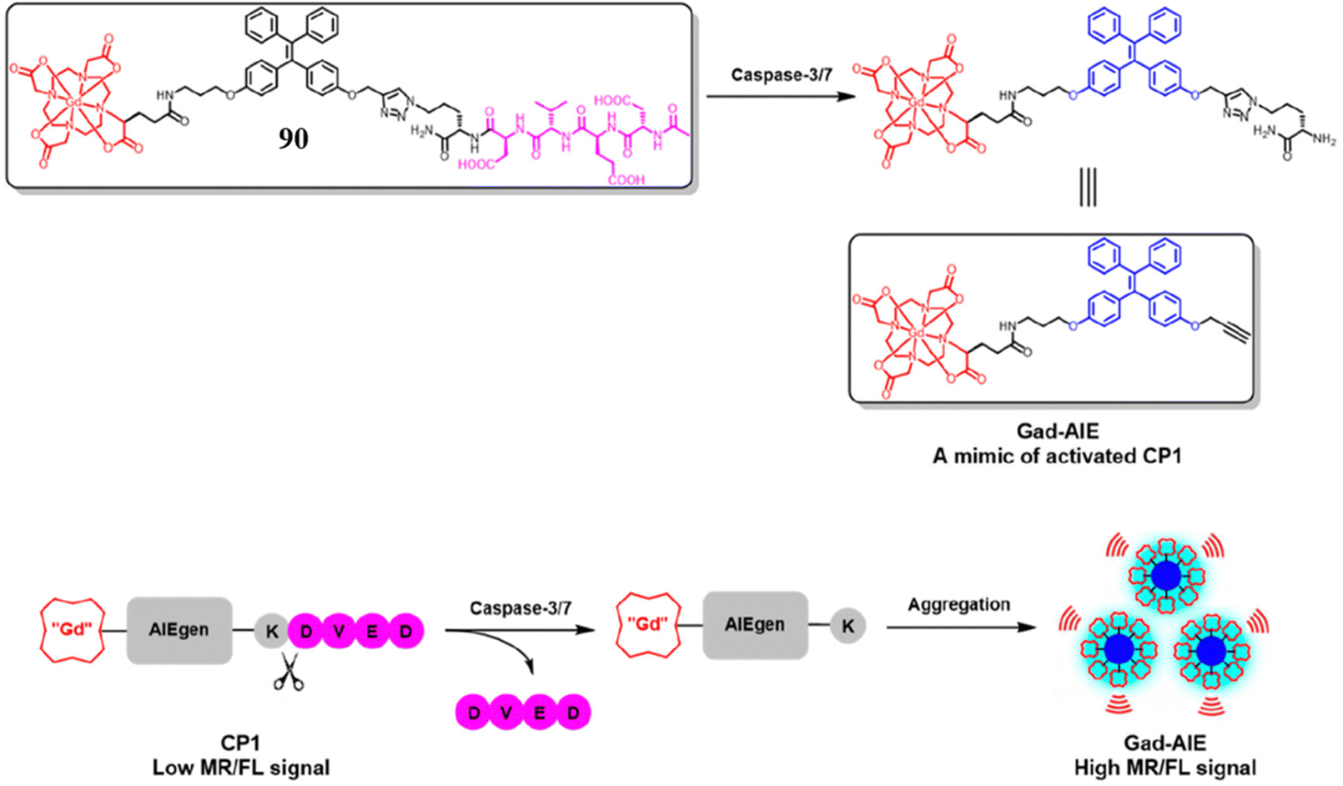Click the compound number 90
coord(293,139)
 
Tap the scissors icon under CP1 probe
coord(288,672)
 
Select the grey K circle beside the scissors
coord(271,632)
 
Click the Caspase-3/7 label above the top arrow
coord(781,75)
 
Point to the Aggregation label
coord(958,604)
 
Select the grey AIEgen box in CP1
coord(179,631)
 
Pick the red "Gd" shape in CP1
coord(73,629)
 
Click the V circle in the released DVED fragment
coord(507,713)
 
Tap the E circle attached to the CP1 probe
coord(372,632)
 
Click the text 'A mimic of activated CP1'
coord(1057,456)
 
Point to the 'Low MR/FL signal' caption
coord(241,768)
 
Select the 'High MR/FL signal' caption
coord(1164,768)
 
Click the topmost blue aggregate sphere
coord(1165,576)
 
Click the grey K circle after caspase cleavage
coord(848,626)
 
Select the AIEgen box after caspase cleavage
coord(755,625)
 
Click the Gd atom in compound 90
coord(73,102)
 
